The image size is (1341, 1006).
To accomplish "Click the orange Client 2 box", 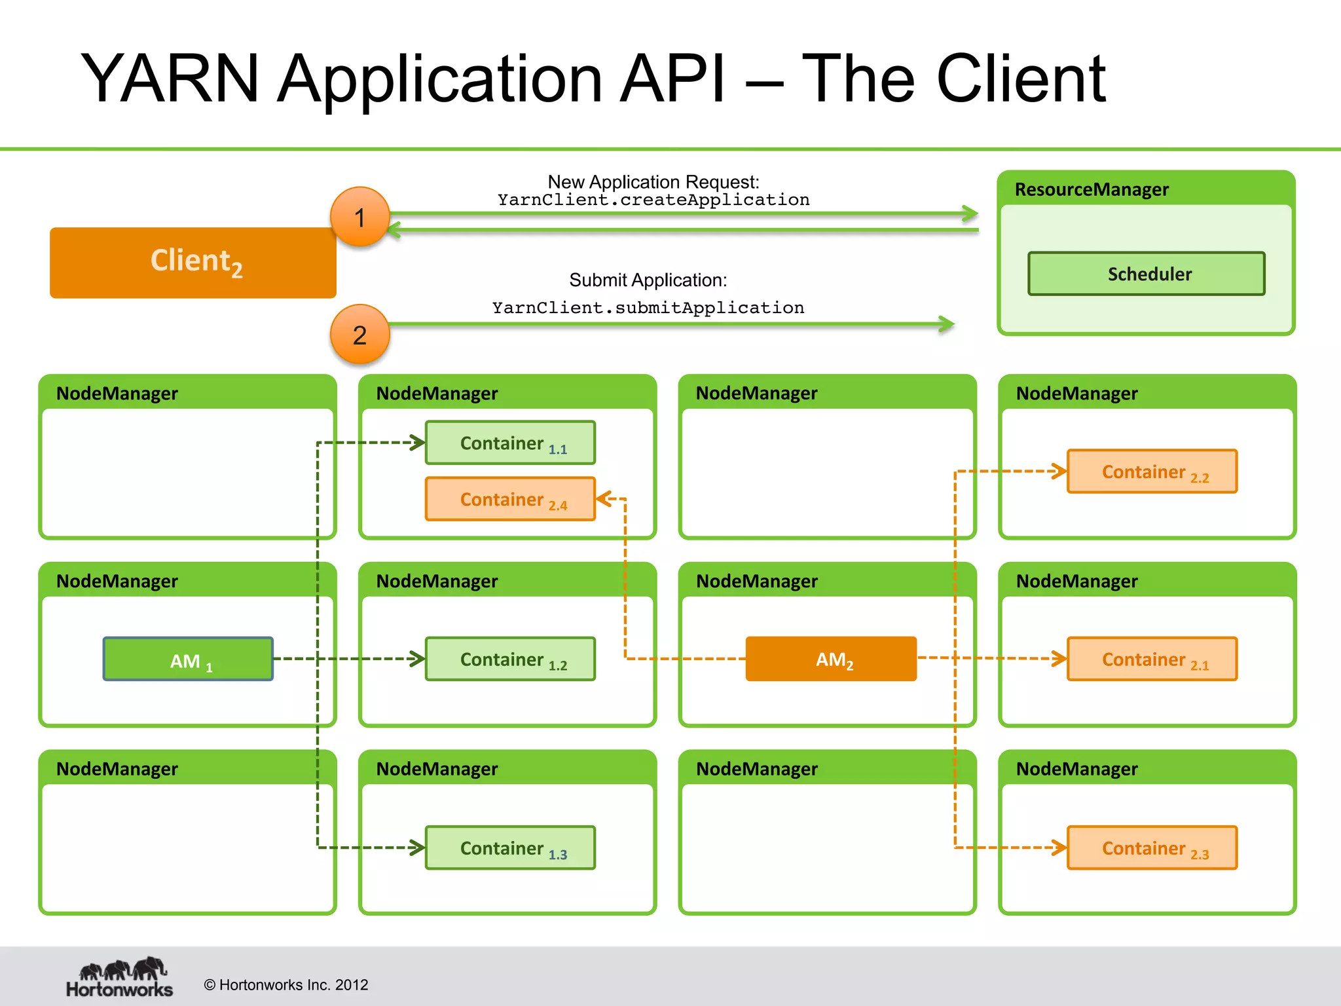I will (193, 263).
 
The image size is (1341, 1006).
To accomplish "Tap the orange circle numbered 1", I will (359, 217).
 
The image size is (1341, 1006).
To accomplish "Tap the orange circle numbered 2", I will (359, 335).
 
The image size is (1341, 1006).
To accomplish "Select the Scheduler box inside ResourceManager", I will (1146, 274).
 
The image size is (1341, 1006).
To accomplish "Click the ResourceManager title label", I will (1091, 190).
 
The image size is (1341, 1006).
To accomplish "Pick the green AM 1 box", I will (188, 659).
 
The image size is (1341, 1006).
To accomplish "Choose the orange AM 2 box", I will (831, 659).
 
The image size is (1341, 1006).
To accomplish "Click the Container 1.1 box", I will (510, 443).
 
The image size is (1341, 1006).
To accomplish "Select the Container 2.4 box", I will (510, 499).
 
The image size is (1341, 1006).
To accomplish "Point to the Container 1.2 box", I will (510, 659).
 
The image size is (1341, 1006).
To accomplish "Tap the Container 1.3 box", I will (510, 848).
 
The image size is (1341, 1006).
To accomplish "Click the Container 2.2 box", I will (1152, 471).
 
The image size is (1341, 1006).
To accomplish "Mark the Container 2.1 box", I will (1152, 659).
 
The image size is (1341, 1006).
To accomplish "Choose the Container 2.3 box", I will (1152, 848).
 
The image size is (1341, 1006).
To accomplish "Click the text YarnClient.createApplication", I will (653, 200).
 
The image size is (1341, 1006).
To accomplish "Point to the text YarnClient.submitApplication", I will (648, 308).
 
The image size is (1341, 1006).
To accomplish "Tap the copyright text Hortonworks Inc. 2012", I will (286, 985).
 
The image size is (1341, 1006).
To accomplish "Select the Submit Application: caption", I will (648, 280).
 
